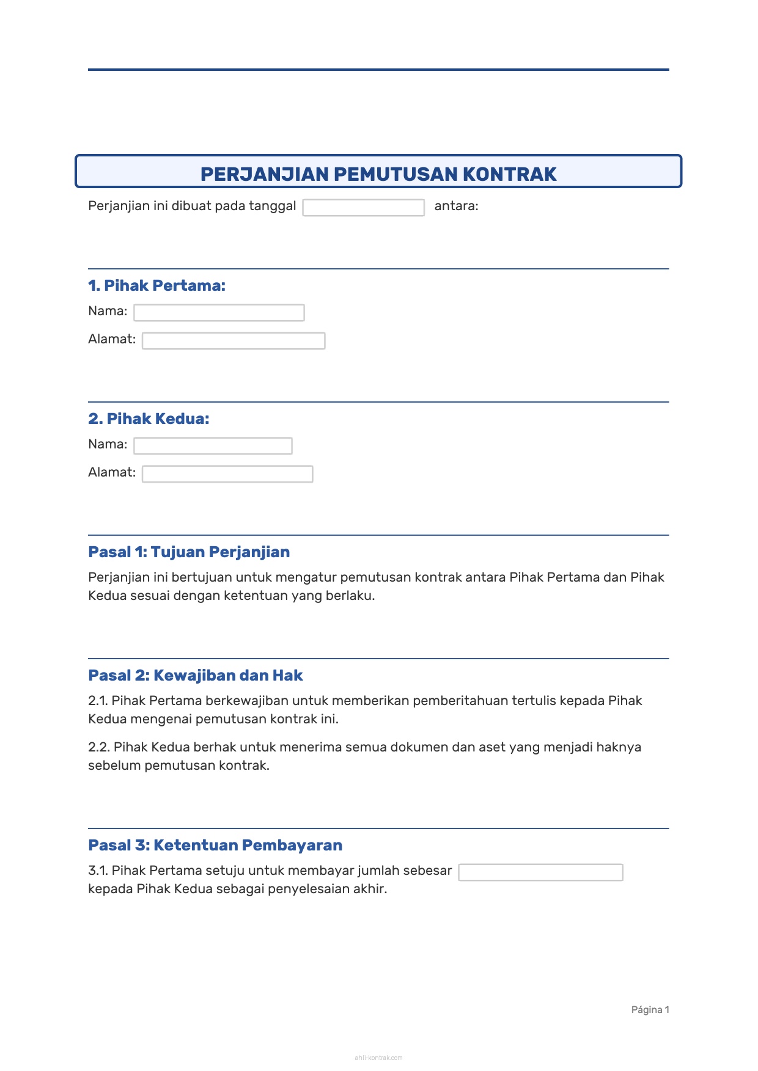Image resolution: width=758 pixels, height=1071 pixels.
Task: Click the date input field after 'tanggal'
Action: click(363, 208)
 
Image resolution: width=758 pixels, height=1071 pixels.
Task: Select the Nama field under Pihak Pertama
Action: click(219, 313)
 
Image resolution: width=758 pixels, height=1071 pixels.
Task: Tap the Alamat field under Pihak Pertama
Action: click(234, 341)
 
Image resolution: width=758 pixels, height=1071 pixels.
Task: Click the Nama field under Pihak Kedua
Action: click(213, 446)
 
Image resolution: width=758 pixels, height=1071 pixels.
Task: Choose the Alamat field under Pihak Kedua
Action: click(227, 474)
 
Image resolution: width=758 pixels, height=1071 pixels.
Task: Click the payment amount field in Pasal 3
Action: click(540, 872)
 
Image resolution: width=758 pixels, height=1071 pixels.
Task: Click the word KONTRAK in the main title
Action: click(509, 174)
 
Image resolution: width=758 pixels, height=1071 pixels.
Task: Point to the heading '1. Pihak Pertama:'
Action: click(156, 285)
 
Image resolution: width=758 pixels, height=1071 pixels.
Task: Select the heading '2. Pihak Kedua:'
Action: click(149, 419)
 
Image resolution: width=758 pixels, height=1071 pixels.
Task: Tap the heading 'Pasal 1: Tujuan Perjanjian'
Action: click(189, 552)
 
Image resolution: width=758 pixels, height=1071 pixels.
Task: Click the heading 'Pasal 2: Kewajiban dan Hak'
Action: click(196, 675)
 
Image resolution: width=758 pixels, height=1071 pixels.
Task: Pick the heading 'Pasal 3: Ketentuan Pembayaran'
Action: click(215, 845)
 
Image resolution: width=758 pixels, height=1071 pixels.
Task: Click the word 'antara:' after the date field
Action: click(456, 206)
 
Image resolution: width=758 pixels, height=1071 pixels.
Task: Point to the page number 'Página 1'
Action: click(650, 1010)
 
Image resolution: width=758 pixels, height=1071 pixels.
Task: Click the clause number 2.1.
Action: click(98, 701)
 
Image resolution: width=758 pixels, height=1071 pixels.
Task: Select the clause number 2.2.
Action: click(99, 747)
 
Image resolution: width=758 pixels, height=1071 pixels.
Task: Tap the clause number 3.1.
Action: click(98, 871)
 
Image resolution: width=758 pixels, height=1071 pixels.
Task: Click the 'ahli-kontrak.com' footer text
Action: click(378, 1058)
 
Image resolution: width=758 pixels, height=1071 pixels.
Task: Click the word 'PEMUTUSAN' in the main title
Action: click(396, 174)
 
